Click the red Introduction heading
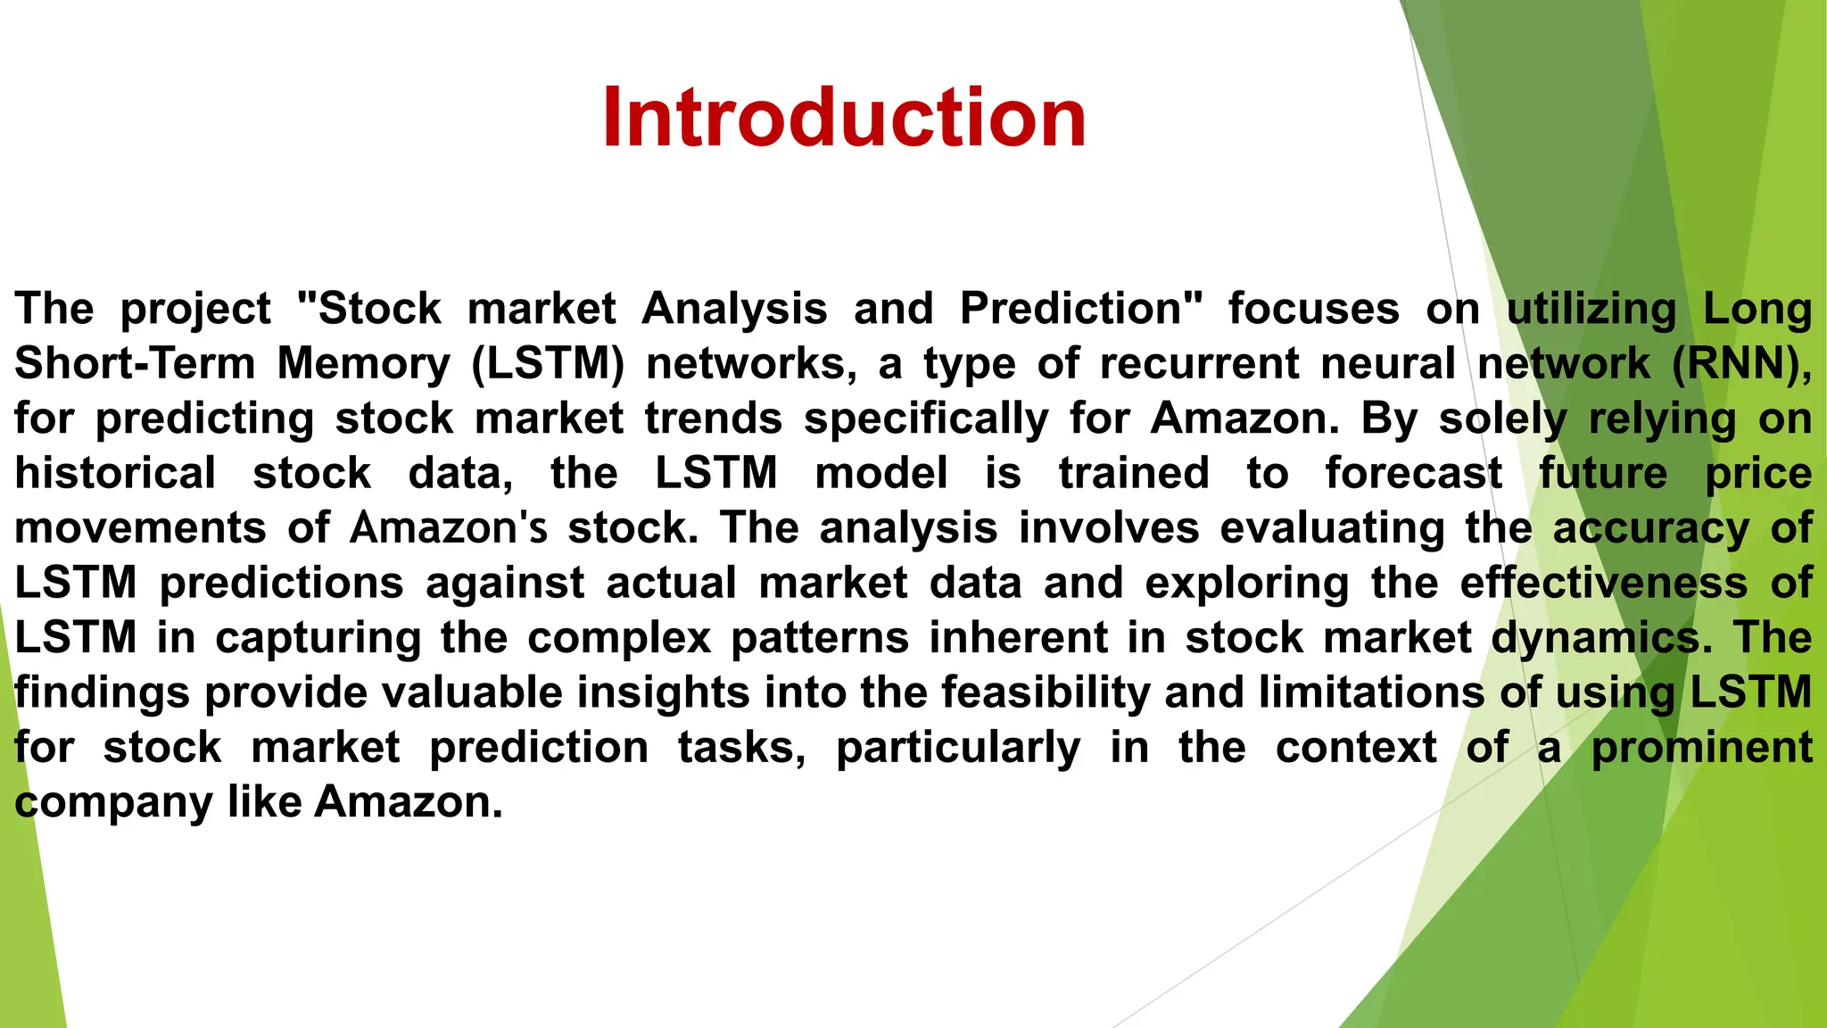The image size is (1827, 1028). [843, 118]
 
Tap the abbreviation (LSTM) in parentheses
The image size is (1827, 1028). [548, 364]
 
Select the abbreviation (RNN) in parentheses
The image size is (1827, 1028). [1740, 364]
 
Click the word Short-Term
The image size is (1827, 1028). [135, 364]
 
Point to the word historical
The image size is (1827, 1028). [115, 473]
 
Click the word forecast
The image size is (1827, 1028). [1413, 473]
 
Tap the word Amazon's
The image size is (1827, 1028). [448, 528]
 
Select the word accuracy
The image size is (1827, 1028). [1651, 528]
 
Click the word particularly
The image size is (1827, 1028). [958, 748]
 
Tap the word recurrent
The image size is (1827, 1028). [1199, 364]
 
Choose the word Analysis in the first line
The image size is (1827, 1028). [734, 309]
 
